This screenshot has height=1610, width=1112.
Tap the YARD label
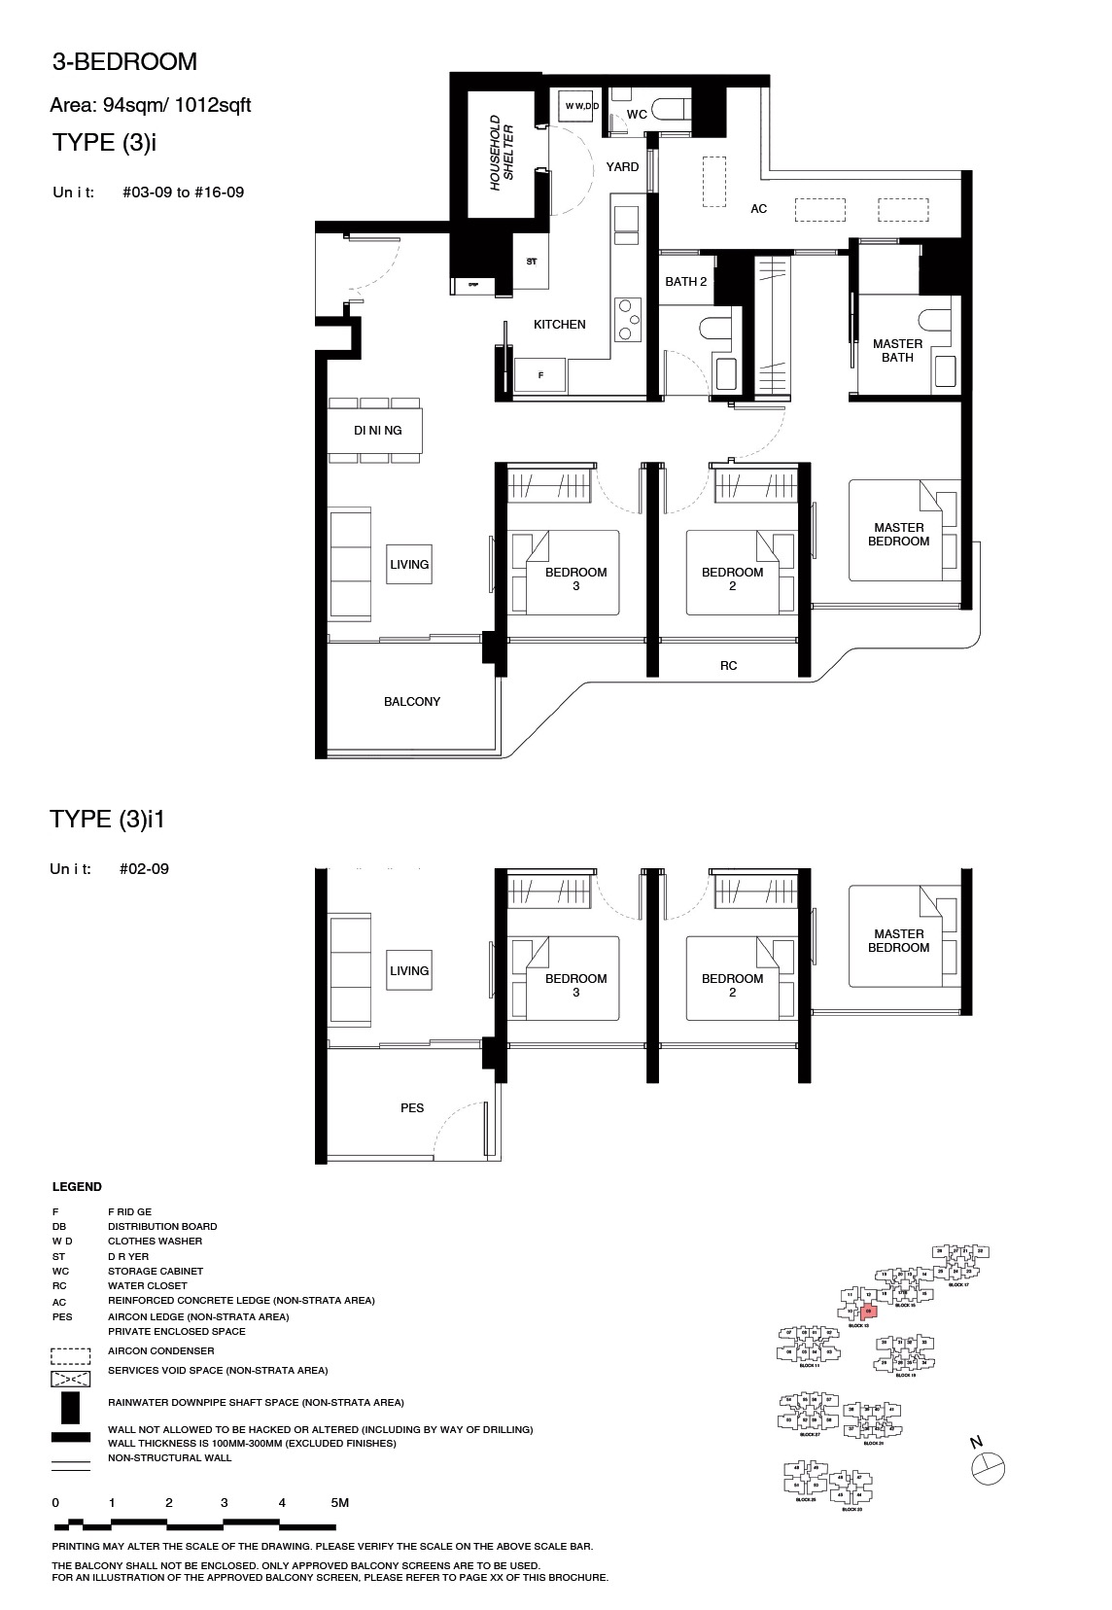click(622, 166)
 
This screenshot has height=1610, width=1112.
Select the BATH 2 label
click(685, 281)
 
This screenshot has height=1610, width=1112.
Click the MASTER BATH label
click(897, 350)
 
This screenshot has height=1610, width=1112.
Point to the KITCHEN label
click(559, 324)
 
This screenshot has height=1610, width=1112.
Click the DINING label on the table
click(377, 430)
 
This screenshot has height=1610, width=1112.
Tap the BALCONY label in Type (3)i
click(411, 701)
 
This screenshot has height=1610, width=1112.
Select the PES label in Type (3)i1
click(411, 1107)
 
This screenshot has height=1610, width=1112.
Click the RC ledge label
click(728, 665)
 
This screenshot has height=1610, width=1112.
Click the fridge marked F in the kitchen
click(540, 374)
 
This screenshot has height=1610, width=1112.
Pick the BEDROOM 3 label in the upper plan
click(575, 578)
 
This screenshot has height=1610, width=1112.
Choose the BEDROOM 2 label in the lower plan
click(732, 985)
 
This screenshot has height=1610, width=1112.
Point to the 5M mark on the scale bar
click(339, 1502)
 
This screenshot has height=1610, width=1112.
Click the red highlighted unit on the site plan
click(869, 1311)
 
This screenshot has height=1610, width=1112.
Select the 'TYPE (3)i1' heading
click(108, 819)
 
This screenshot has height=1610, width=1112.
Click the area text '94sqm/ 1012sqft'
click(151, 105)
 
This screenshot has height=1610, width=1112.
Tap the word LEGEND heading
click(77, 1186)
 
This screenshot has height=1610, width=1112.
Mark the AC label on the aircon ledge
click(758, 208)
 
